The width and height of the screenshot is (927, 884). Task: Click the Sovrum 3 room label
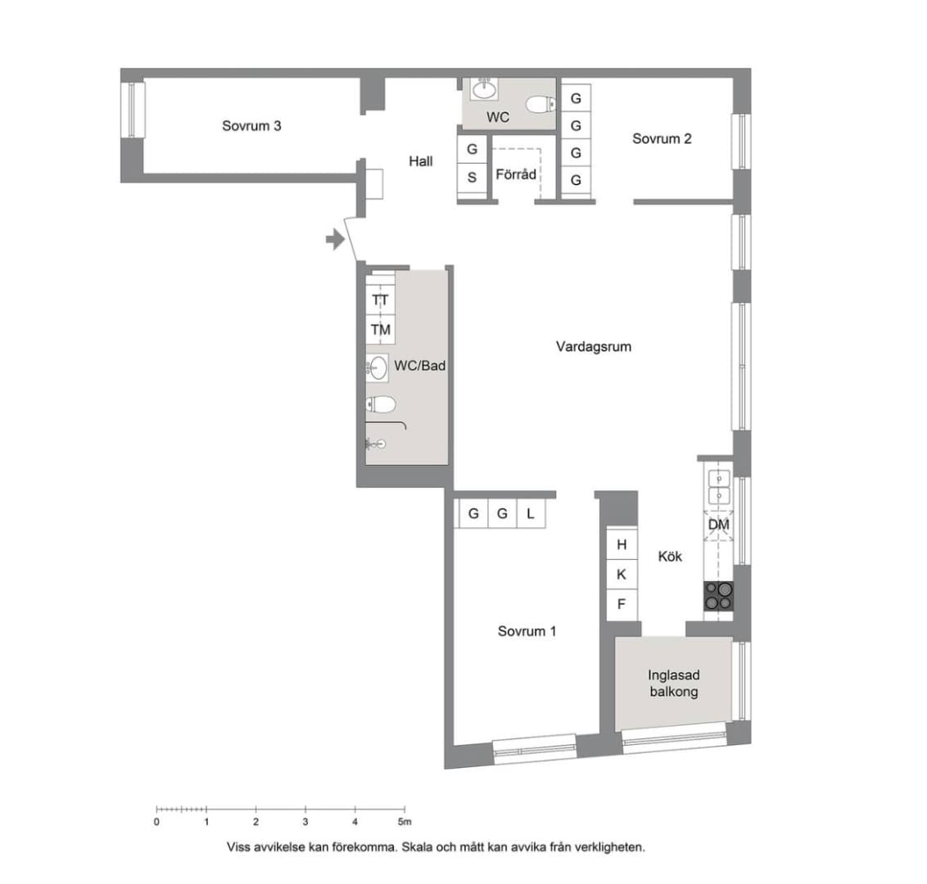(251, 126)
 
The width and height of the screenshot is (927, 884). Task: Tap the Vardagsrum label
(594, 346)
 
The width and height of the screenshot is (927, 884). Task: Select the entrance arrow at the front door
(335, 239)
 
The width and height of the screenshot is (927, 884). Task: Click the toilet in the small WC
(541, 105)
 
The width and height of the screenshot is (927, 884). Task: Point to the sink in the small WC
(485, 89)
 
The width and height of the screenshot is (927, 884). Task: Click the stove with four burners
(718, 596)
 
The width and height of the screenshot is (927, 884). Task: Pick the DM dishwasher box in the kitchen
(718, 525)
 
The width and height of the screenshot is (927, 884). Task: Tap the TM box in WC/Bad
(381, 330)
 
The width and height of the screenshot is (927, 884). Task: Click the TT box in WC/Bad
(381, 300)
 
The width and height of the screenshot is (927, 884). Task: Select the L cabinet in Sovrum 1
(531, 513)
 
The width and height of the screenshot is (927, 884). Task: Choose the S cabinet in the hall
(472, 178)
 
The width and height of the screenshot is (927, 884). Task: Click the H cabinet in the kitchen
(622, 544)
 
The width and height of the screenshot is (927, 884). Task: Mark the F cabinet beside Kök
(622, 605)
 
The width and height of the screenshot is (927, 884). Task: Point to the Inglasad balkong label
(674, 683)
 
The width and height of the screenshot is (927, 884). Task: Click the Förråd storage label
(516, 174)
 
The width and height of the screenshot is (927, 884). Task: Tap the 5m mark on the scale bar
(405, 821)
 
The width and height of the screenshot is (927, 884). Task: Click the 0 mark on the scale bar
(156, 821)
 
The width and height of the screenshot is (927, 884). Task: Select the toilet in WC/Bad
(381, 405)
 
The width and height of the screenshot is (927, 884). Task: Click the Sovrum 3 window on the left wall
(133, 110)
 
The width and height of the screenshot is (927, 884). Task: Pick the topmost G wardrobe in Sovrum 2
(576, 98)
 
